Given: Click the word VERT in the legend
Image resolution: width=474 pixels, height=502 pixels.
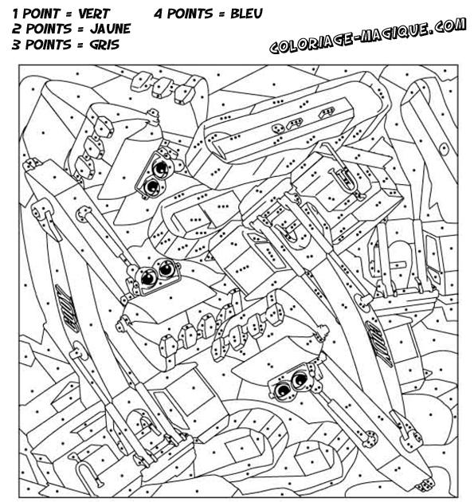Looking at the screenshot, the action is (94, 14).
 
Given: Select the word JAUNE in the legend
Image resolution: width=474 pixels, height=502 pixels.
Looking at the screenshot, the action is (110, 29).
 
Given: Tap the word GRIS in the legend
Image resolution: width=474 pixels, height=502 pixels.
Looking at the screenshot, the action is (104, 45).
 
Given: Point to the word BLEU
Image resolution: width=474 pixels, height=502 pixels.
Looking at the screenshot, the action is (246, 14).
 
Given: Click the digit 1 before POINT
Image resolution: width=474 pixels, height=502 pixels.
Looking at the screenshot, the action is (15, 14).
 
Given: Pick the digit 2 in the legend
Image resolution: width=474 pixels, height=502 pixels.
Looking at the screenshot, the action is (16, 29).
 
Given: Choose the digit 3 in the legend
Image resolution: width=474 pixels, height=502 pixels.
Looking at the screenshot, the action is (16, 45).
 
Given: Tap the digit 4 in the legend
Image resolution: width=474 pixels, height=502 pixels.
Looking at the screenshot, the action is (158, 14).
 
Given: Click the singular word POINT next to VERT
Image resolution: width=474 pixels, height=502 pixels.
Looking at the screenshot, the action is (41, 14).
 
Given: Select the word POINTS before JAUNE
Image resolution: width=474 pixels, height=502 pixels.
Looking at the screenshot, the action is (49, 29).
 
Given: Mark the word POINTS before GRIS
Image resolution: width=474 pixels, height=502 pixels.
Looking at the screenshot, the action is (48, 45).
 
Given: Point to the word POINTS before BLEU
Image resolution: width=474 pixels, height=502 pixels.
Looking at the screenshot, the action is (190, 14).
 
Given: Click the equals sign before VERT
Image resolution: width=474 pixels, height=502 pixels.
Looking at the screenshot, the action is (69, 14).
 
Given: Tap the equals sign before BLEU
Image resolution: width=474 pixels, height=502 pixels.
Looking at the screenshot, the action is (221, 14).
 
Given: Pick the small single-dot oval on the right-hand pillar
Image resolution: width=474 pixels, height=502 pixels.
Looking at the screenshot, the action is (444, 148).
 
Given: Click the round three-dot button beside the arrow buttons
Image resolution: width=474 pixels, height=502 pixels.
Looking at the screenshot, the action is (277, 129).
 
